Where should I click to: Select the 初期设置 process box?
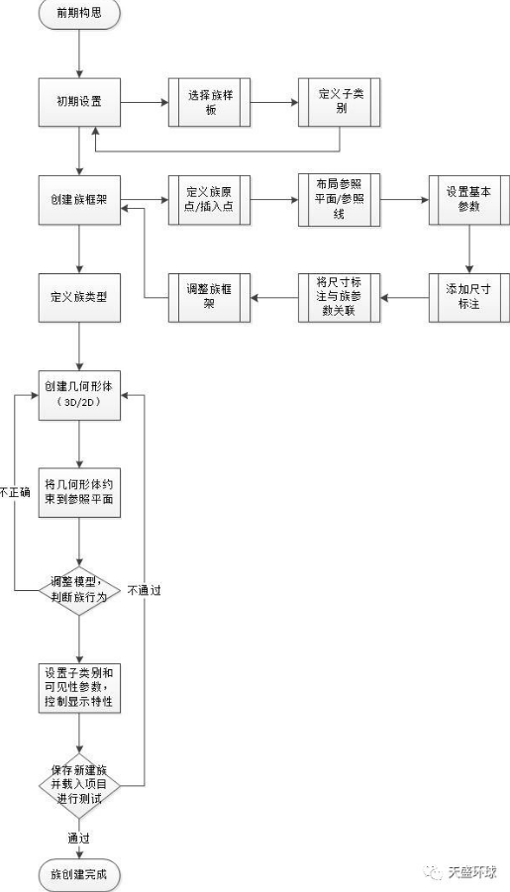tap(79, 100)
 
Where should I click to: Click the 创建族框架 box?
tap(79, 198)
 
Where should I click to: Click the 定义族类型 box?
tap(79, 295)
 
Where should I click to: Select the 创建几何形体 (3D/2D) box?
tap(79, 394)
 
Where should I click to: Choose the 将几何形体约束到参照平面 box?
tap(79, 492)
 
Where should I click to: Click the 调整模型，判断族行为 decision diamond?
tap(79, 590)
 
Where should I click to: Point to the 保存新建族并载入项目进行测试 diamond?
tap(79, 783)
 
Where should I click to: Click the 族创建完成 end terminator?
tap(79, 875)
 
